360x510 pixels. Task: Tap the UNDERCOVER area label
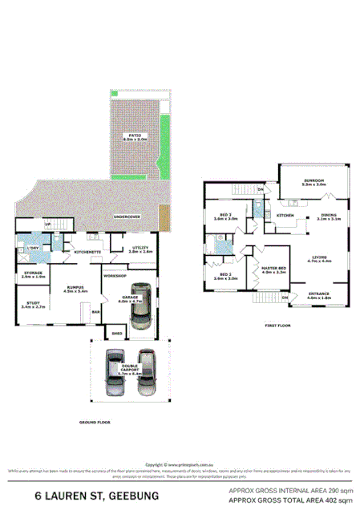point(127,217)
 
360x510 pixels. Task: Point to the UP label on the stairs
point(48,225)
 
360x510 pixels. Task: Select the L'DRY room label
point(33,249)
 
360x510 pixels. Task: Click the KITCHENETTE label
point(86,252)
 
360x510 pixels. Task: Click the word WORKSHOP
point(115,275)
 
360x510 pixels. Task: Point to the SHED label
point(116,333)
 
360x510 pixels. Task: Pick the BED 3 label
point(225,215)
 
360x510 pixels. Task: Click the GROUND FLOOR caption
point(95,421)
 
